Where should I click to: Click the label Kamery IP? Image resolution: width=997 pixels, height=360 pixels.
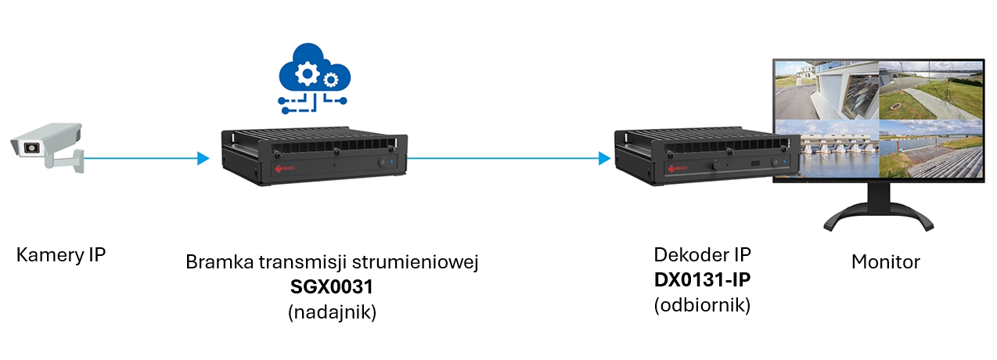coord(60,255)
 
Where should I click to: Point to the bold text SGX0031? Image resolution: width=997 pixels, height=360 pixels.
coord(332,287)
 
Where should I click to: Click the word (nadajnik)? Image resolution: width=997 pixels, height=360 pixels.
coord(332,312)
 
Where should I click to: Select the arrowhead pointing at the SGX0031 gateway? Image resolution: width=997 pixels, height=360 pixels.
coord(203,159)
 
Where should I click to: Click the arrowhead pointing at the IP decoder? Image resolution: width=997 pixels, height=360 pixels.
coord(604,159)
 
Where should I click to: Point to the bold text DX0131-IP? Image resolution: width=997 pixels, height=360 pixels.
coord(702,280)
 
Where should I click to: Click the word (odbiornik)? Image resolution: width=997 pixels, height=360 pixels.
coord(702,305)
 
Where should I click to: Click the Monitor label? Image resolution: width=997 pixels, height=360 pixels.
coord(885,261)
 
